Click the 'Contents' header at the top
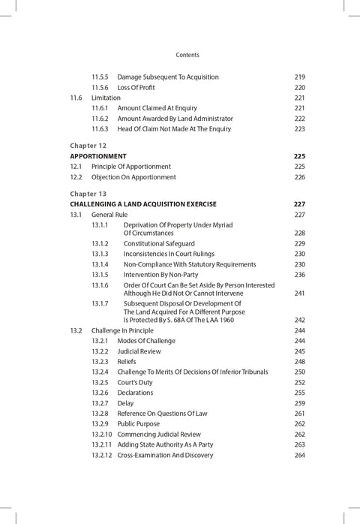[187, 55]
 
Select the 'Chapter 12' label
[88, 145]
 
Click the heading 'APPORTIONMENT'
[98, 156]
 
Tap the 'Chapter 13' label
[88, 194]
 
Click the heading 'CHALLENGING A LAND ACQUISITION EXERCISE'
[142, 204]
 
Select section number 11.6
[76, 98]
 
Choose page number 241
[299, 294]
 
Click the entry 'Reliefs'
[127, 362]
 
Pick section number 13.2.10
[103, 434]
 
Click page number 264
[299, 455]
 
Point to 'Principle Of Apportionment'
[131, 167]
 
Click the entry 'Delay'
[126, 403]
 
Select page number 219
[299, 77]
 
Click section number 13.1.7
[100, 303]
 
